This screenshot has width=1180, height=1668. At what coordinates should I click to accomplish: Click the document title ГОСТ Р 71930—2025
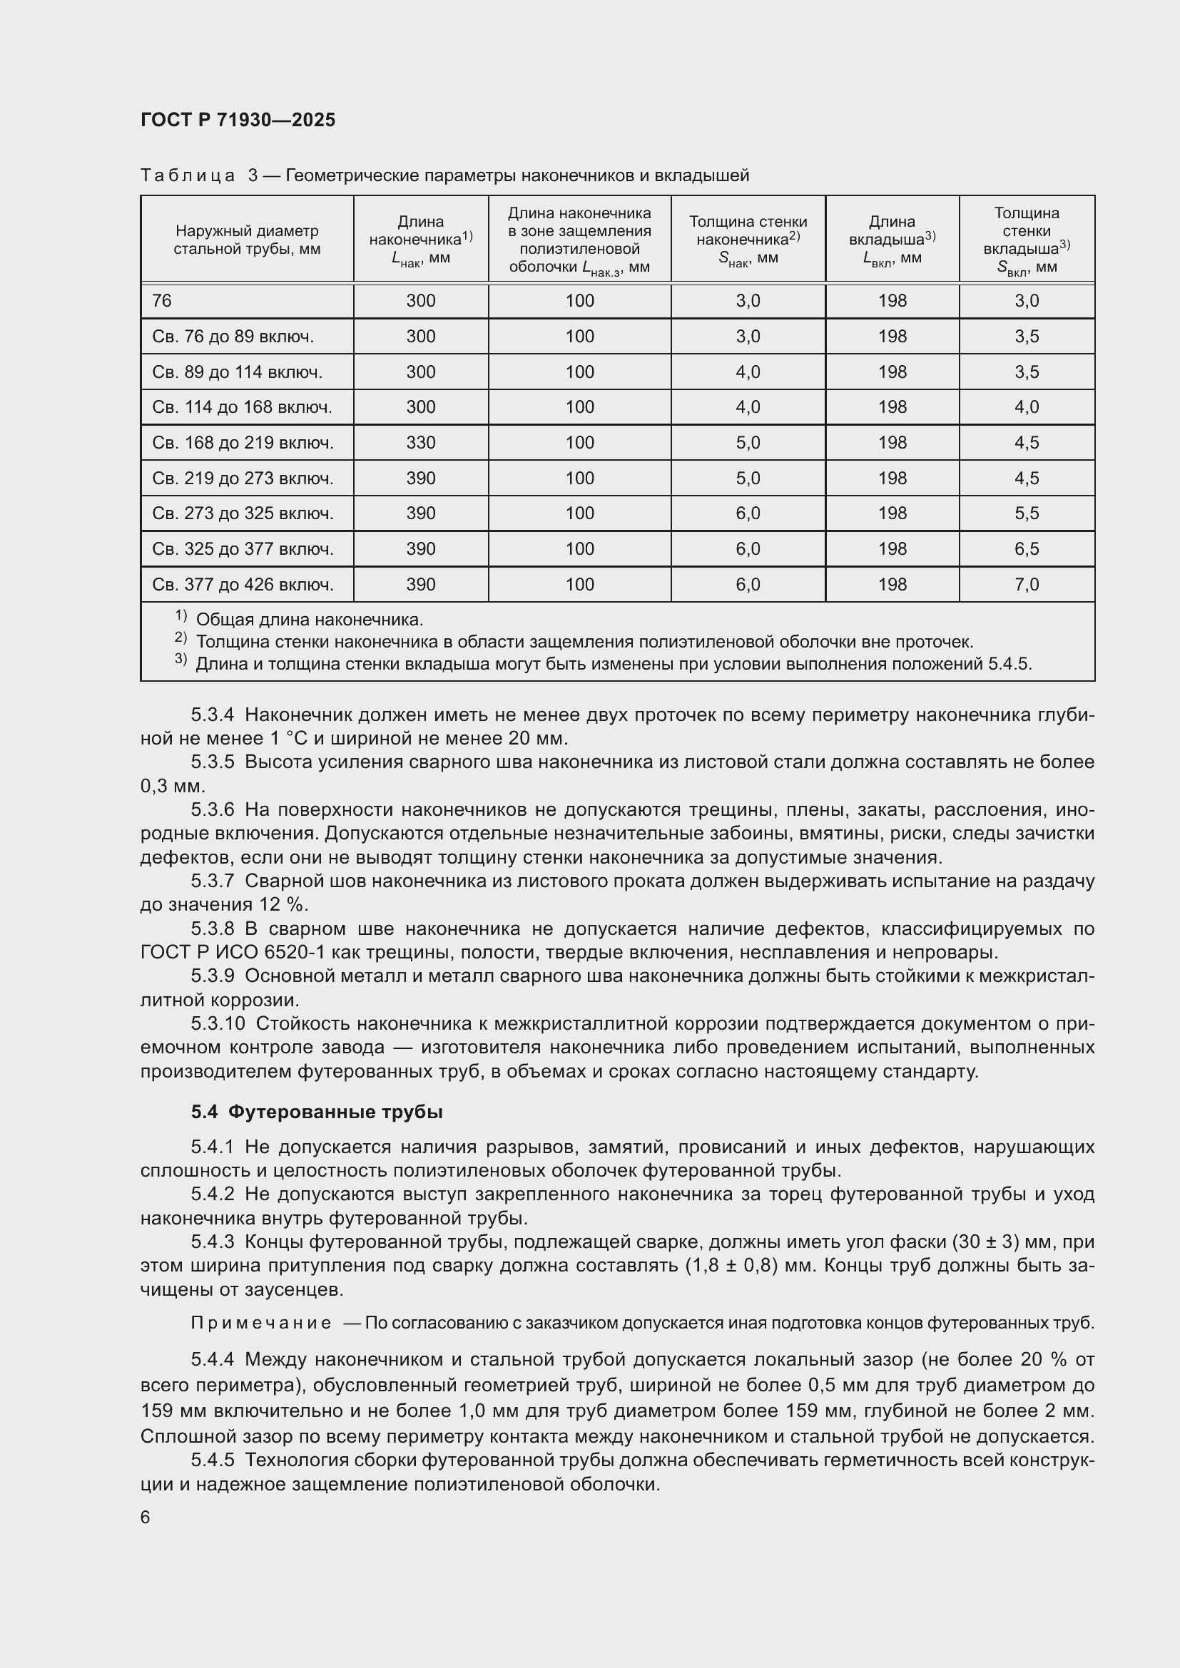[x=238, y=120]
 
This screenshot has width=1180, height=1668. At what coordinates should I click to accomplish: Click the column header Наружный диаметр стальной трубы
[x=246, y=240]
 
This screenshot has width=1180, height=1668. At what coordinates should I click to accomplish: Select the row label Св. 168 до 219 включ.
[x=243, y=442]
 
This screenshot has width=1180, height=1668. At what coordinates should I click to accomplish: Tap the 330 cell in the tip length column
[x=421, y=442]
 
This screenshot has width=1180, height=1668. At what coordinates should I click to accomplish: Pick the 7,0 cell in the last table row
[x=1026, y=584]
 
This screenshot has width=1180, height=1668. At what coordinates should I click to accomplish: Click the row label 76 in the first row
[x=162, y=301]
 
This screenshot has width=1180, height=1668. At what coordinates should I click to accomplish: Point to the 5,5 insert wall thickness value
[x=1026, y=513]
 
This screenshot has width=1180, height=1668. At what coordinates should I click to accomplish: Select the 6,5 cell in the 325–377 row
[x=1026, y=548]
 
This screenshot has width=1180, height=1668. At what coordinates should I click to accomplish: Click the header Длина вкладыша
[x=892, y=240]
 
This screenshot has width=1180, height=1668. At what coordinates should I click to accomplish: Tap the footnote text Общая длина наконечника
[x=310, y=620]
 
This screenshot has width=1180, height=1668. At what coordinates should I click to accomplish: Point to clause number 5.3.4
[x=212, y=715]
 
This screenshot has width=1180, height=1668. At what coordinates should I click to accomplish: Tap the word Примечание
[x=261, y=1323]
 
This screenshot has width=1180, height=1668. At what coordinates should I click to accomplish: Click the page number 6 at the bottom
[x=146, y=1517]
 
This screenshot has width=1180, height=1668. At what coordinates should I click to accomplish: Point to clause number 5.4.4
[x=212, y=1359]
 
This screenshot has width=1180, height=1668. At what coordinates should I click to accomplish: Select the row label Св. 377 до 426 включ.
[x=243, y=584]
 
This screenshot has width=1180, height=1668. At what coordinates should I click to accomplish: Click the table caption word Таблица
[x=188, y=175]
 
